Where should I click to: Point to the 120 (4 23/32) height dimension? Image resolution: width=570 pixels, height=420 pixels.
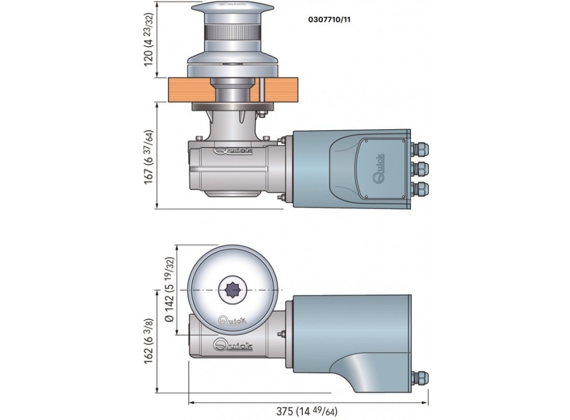(x=150, y=40)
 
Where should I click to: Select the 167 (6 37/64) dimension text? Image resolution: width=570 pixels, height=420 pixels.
(x=150, y=155)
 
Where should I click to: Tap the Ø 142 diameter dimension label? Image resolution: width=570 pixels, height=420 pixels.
(x=170, y=290)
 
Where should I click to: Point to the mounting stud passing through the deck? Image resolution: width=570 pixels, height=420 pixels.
(x=263, y=90)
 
